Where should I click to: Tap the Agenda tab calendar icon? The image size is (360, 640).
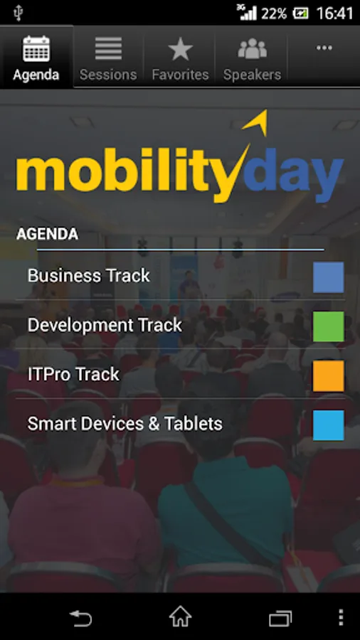(36, 48)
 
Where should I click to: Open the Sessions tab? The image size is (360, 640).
(108, 57)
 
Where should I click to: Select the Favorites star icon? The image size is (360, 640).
(180, 48)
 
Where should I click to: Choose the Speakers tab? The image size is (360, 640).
(253, 57)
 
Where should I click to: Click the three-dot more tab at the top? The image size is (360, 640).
(324, 48)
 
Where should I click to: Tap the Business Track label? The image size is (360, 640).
(88, 275)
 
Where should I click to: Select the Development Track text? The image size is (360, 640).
(105, 325)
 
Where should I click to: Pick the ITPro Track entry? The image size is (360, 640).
(73, 374)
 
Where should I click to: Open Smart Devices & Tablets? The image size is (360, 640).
(125, 424)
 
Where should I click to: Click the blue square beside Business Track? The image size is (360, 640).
(329, 277)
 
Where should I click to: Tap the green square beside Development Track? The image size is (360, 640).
(329, 326)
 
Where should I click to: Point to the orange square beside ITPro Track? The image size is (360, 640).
(329, 376)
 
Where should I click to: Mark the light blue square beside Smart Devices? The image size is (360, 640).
(329, 425)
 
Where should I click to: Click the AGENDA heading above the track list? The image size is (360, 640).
(47, 234)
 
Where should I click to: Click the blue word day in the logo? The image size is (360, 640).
(293, 174)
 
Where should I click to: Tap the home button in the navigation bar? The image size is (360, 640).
(181, 617)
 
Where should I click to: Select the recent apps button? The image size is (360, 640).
(280, 618)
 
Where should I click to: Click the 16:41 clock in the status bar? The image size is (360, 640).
(334, 14)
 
